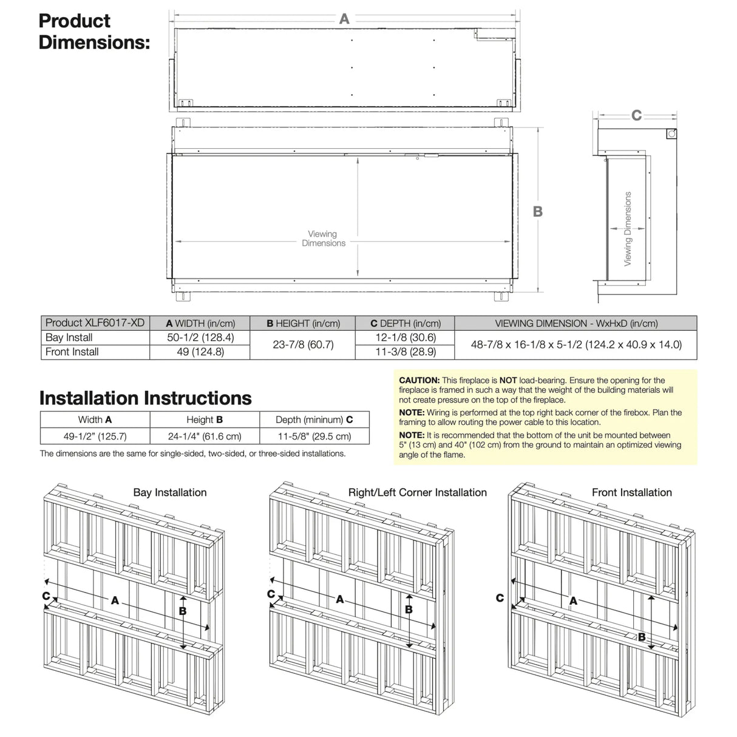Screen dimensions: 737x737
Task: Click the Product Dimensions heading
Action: pyautogui.click(x=93, y=32)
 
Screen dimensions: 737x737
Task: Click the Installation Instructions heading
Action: pyautogui.click(x=145, y=398)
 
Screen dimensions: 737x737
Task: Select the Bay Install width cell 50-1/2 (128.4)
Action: pyautogui.click(x=200, y=338)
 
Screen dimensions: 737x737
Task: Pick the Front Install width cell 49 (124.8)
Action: pyautogui.click(x=200, y=352)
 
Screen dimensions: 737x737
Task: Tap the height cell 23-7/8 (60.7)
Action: pyautogui.click(x=303, y=345)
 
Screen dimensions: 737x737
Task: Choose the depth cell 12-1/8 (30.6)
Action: pyautogui.click(x=406, y=338)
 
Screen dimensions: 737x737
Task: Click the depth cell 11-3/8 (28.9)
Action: pyautogui.click(x=406, y=352)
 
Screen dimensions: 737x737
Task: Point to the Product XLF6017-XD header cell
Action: pyautogui.click(x=95, y=323)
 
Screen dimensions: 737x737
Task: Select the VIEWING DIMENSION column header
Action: pyautogui.click(x=576, y=324)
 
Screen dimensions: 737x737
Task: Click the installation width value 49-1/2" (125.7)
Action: pyautogui.click(x=95, y=436)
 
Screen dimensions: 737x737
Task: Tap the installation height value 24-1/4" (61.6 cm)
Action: pyautogui.click(x=205, y=436)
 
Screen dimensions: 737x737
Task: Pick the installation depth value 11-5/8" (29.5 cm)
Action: pyautogui.click(x=314, y=436)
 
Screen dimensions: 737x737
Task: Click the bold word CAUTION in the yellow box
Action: pyautogui.click(x=419, y=381)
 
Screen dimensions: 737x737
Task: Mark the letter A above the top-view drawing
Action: pyautogui.click(x=344, y=19)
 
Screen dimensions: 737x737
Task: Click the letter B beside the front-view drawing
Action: pyautogui.click(x=538, y=211)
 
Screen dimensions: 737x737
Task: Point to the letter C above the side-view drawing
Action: pyautogui.click(x=636, y=115)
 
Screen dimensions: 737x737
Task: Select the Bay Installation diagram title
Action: pyautogui.click(x=170, y=492)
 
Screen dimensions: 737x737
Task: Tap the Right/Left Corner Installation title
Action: pyautogui.click(x=417, y=492)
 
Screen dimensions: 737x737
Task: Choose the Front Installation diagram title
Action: pyautogui.click(x=631, y=492)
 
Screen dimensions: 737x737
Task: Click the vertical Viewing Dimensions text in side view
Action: pyautogui.click(x=628, y=229)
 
